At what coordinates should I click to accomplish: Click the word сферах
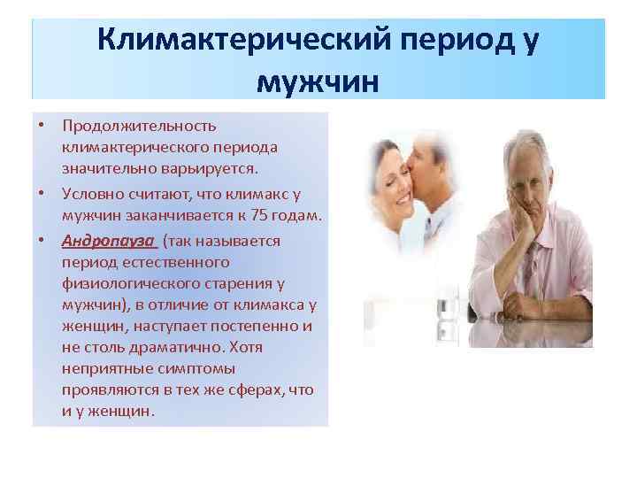pos(251,389)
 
